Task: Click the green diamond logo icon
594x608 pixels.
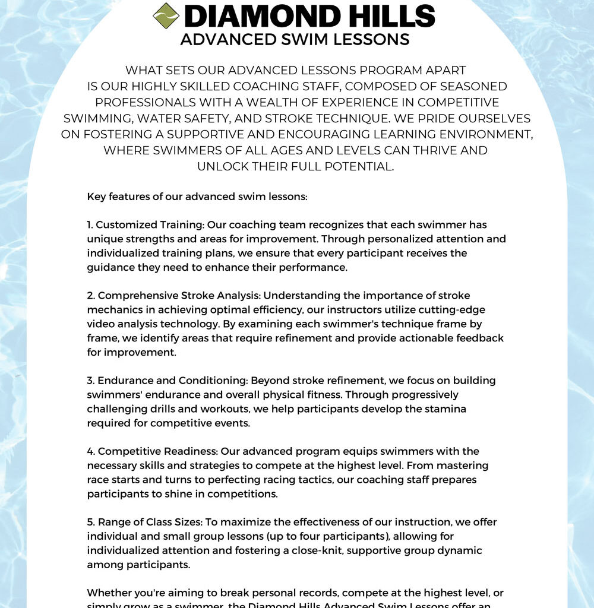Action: click(166, 15)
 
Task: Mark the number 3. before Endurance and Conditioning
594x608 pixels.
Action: click(91, 380)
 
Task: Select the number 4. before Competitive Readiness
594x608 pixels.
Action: click(91, 451)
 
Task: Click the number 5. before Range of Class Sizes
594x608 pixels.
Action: click(91, 522)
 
